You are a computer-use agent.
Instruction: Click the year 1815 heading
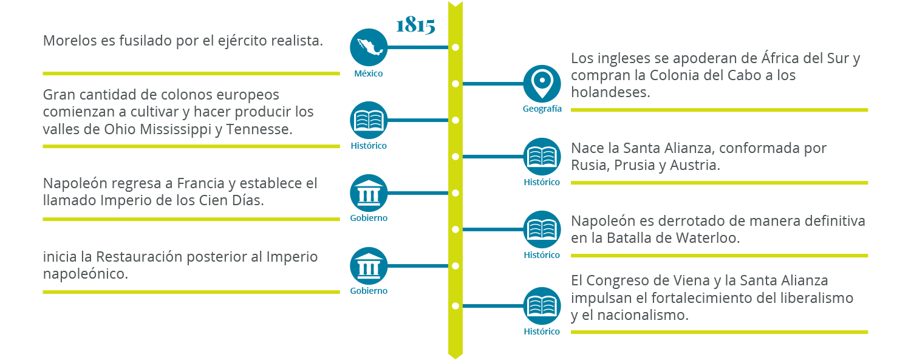click(415, 25)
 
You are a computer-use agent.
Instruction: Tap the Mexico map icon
click(369, 47)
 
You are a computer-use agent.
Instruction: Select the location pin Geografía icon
click(542, 83)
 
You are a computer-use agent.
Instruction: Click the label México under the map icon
click(369, 73)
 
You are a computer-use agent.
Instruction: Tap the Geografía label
click(542, 109)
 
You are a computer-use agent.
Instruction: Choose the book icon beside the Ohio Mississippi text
click(369, 120)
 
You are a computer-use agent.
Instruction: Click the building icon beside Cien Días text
click(369, 193)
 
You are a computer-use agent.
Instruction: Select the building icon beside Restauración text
click(369, 266)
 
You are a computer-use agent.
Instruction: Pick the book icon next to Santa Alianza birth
click(542, 157)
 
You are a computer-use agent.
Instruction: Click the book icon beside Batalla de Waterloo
click(542, 229)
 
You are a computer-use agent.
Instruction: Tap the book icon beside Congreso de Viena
click(542, 305)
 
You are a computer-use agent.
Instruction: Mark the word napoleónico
click(85, 274)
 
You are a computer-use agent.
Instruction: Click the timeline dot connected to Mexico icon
click(455, 47)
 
